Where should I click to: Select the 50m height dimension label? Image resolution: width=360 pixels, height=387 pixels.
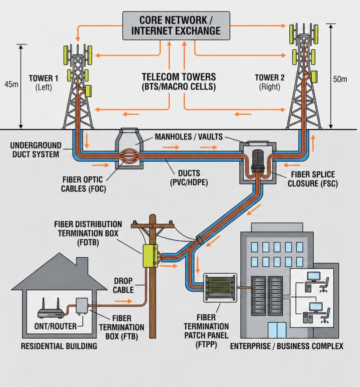click(x=340, y=79)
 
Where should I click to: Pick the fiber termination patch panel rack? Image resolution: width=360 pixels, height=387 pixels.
click(x=219, y=288)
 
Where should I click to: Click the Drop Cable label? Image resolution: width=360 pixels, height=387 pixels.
click(x=123, y=285)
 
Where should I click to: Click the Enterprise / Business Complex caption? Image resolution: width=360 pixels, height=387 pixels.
click(x=286, y=346)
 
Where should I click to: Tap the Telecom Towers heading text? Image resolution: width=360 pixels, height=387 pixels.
click(x=179, y=81)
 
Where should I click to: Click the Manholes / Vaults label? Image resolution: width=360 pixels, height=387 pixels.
click(x=188, y=136)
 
